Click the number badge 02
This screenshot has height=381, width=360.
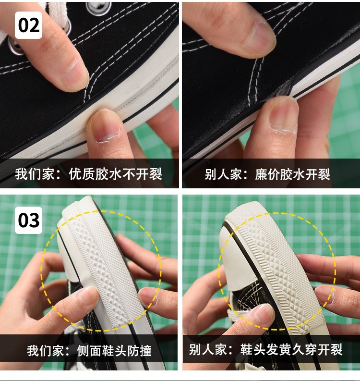point(28,25)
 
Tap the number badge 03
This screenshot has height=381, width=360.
point(28,220)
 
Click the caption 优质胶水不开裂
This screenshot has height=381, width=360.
point(115,174)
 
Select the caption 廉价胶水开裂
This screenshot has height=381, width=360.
point(292,174)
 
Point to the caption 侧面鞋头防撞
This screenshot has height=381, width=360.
point(114,351)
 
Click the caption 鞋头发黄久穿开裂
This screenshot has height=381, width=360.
point(291,349)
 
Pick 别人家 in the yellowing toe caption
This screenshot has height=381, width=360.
point(208,349)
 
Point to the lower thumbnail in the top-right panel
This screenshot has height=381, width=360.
point(284,115)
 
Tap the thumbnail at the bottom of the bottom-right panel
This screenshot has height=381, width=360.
point(262,313)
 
